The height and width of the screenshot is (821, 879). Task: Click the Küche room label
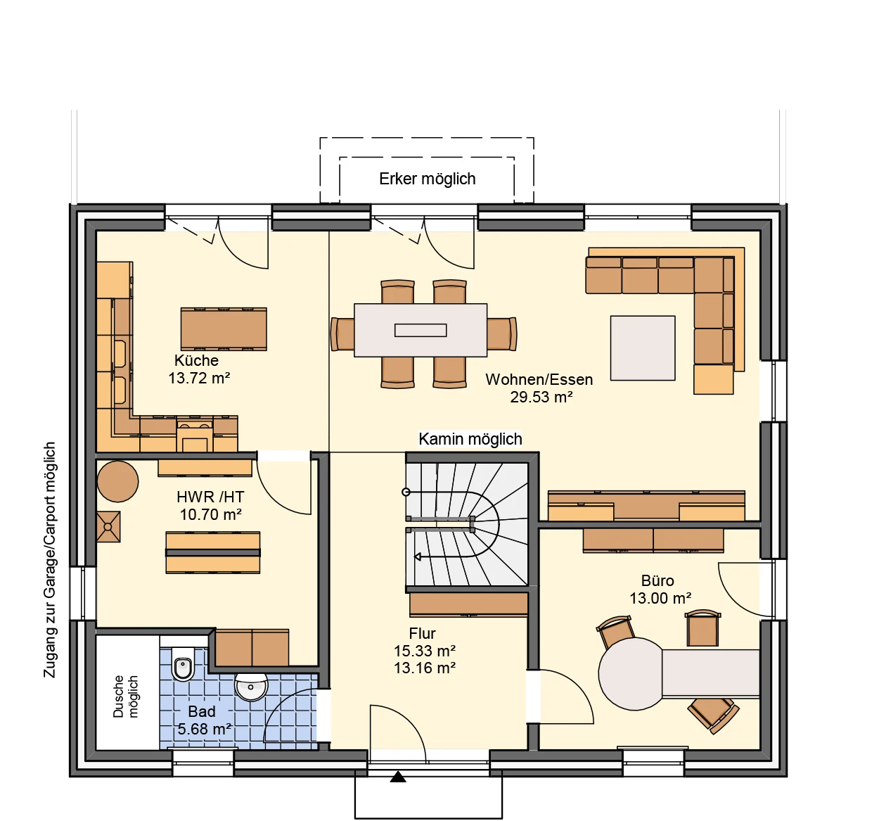coord(196,360)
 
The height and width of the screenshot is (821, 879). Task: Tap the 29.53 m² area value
coord(541,397)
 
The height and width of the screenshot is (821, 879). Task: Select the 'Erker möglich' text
coord(427,179)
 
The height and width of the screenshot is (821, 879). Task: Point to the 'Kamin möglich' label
coord(470,439)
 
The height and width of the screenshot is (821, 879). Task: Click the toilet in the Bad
coord(183,668)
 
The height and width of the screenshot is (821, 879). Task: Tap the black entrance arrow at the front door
coord(398,777)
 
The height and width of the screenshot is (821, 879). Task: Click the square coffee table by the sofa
coord(643,348)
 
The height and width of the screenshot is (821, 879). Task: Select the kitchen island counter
coord(224,329)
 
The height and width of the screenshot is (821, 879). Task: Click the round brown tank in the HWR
coord(117,481)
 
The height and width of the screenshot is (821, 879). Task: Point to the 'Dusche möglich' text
coord(125,696)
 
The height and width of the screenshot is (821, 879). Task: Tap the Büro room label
coord(657,580)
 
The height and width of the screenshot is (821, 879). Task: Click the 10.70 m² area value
coord(210,514)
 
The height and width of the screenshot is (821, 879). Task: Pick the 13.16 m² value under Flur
coord(425,668)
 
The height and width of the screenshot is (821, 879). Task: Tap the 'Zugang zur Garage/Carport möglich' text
coord(50,560)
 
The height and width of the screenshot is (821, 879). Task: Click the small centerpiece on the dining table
coord(421,331)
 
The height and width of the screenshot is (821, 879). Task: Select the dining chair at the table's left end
coord(342,334)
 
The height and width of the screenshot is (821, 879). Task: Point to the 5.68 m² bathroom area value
coord(204,729)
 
